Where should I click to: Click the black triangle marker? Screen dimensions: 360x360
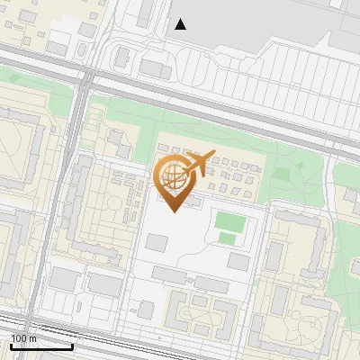coord(181,24)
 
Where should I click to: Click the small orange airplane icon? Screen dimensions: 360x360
coord(199,163)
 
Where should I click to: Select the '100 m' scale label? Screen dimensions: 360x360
coord(23,338)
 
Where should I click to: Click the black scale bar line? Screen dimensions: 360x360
coord(41,346)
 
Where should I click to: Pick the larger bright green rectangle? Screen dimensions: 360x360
coord(229,220)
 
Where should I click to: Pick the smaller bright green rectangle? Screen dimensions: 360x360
coord(228,238)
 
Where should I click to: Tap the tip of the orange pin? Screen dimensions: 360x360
coord(174,211)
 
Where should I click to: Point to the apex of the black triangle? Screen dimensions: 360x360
coord(181,19)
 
